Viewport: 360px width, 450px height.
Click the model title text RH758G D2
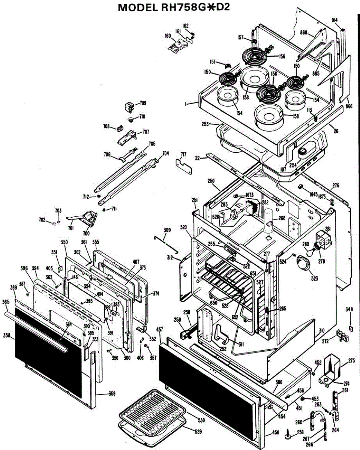click(179, 8)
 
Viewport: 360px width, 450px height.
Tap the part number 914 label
click(335, 19)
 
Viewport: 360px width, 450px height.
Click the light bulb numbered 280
click(308, 252)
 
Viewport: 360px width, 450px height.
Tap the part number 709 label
click(143, 103)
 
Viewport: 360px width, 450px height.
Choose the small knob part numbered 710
click(131, 120)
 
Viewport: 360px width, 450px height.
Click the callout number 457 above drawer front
click(160, 330)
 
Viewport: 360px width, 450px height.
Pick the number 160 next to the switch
click(168, 36)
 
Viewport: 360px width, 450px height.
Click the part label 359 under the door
click(112, 393)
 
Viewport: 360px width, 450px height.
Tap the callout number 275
click(351, 361)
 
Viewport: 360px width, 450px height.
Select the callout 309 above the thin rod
click(167, 230)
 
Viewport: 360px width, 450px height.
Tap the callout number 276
click(336, 185)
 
